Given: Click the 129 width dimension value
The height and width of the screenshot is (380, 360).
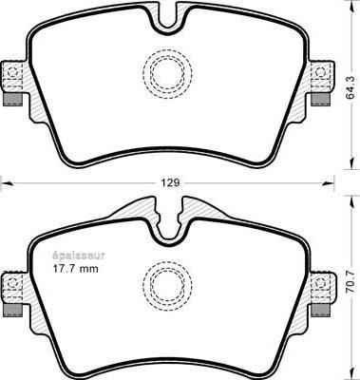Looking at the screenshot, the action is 171,182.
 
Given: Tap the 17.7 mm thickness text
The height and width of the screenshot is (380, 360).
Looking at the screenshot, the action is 75,269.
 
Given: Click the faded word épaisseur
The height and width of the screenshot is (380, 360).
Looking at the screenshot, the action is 78,256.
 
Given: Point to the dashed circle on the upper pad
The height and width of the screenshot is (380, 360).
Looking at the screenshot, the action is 167,74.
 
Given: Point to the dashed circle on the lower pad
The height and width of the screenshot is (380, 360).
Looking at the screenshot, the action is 167,286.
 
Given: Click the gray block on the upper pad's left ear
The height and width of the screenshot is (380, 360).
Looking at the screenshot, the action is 12,100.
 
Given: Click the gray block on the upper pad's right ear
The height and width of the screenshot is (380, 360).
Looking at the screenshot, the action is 321,100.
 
